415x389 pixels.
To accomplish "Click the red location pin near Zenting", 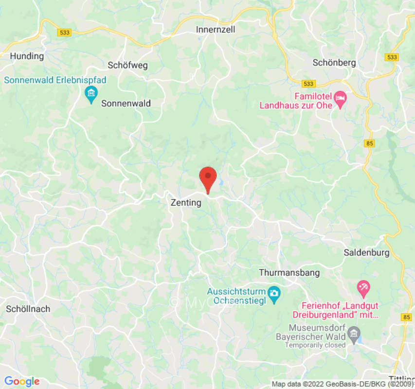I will tap(208, 178).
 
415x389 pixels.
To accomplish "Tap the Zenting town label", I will tap(185, 203).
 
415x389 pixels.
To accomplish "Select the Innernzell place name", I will tap(216, 30).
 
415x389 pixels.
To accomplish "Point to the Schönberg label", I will tap(334, 63).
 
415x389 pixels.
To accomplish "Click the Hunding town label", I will tap(27, 56).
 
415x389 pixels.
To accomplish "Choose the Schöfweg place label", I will tap(127, 65).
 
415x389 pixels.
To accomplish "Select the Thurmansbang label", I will tap(289, 273).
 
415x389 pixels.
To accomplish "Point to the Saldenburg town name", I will tap(366, 252).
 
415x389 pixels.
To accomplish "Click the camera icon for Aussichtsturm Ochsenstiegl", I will tap(274, 294).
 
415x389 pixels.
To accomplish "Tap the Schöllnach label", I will tap(28, 309).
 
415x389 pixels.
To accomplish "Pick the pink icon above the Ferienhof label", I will tap(362, 289).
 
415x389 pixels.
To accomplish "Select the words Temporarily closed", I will tap(315, 345).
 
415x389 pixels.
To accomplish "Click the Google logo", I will tap(22, 381).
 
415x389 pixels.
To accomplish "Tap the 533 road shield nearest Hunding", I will tap(64, 33).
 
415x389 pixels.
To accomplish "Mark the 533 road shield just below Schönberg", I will tap(307, 84).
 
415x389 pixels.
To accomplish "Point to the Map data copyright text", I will tap(343, 384).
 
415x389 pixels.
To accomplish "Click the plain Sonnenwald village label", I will tap(126, 103).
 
